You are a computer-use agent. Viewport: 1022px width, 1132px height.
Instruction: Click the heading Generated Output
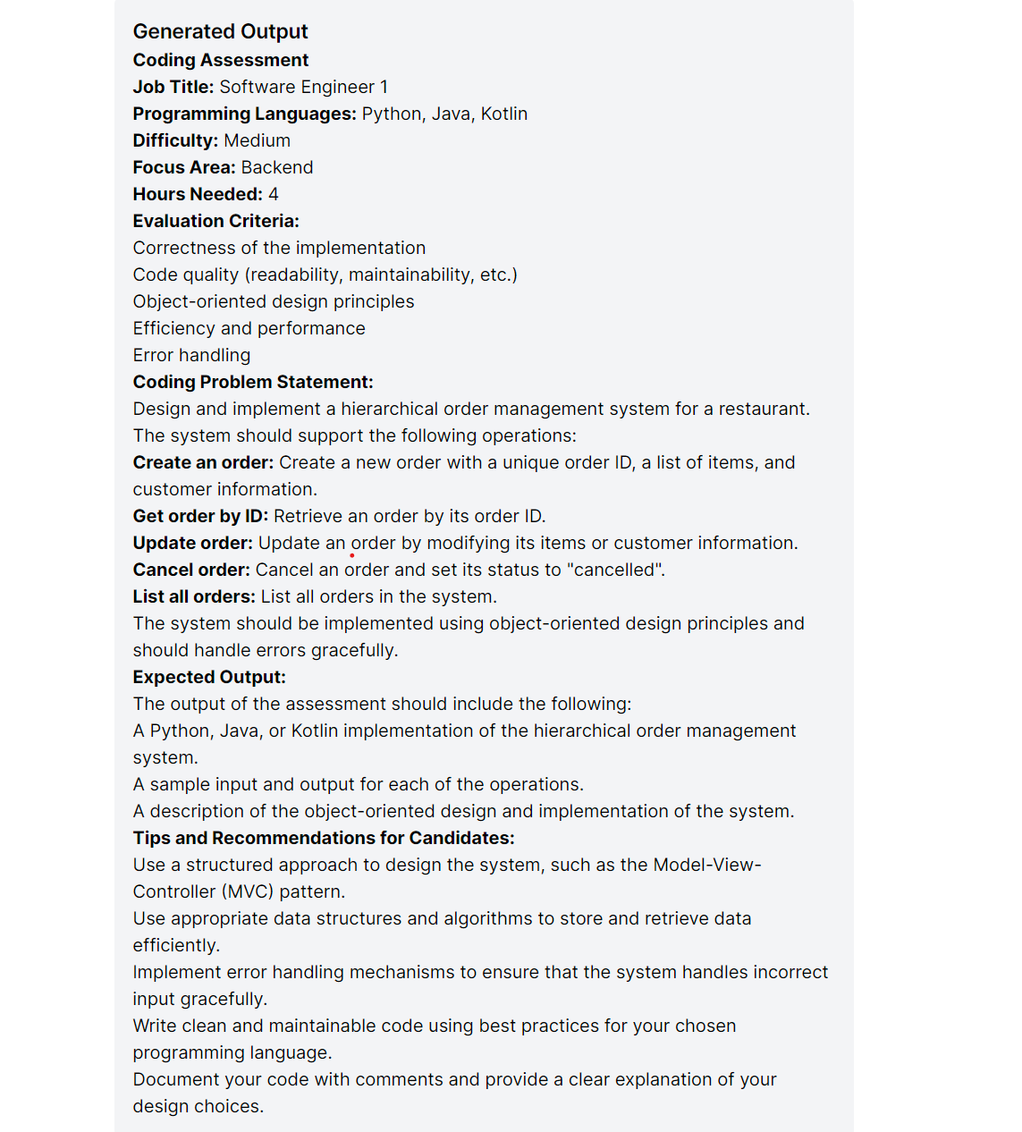[220, 31]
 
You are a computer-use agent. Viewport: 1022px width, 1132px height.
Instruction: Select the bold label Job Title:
[173, 87]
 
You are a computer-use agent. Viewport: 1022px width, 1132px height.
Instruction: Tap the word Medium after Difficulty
[257, 140]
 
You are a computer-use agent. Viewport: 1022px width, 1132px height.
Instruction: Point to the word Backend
[277, 167]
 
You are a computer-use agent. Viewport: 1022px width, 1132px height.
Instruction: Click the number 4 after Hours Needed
[274, 194]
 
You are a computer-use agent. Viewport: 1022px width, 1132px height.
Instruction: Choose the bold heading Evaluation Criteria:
[216, 221]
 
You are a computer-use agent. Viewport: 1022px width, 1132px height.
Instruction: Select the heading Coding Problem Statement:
[253, 382]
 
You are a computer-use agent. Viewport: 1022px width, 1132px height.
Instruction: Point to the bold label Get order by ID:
[200, 516]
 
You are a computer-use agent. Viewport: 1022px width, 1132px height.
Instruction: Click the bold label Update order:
[192, 543]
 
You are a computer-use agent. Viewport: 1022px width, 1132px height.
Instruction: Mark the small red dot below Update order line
[351, 555]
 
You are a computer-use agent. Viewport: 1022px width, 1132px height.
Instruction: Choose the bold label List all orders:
[194, 596]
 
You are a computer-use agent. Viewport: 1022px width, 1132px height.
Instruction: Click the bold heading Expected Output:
[209, 677]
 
